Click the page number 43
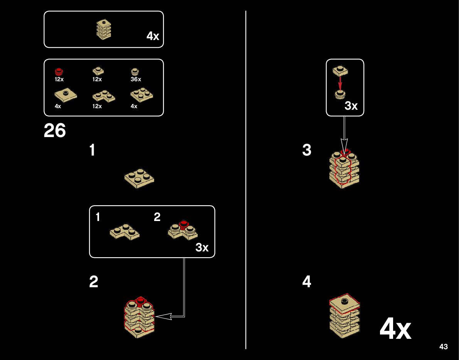coord(443,347)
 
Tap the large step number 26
coord(55,131)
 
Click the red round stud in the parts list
coord(59,72)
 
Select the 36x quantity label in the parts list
coord(136,79)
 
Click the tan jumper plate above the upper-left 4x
coord(66,95)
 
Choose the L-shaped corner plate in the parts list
coord(103,96)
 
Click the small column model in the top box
coord(103,29)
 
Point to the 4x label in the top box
coord(153,36)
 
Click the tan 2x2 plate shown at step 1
coord(139,177)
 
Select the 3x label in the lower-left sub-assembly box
coord(202,248)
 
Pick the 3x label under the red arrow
coord(351,106)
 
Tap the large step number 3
coord(307,150)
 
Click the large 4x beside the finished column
coord(395,329)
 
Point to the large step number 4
coord(307,282)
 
